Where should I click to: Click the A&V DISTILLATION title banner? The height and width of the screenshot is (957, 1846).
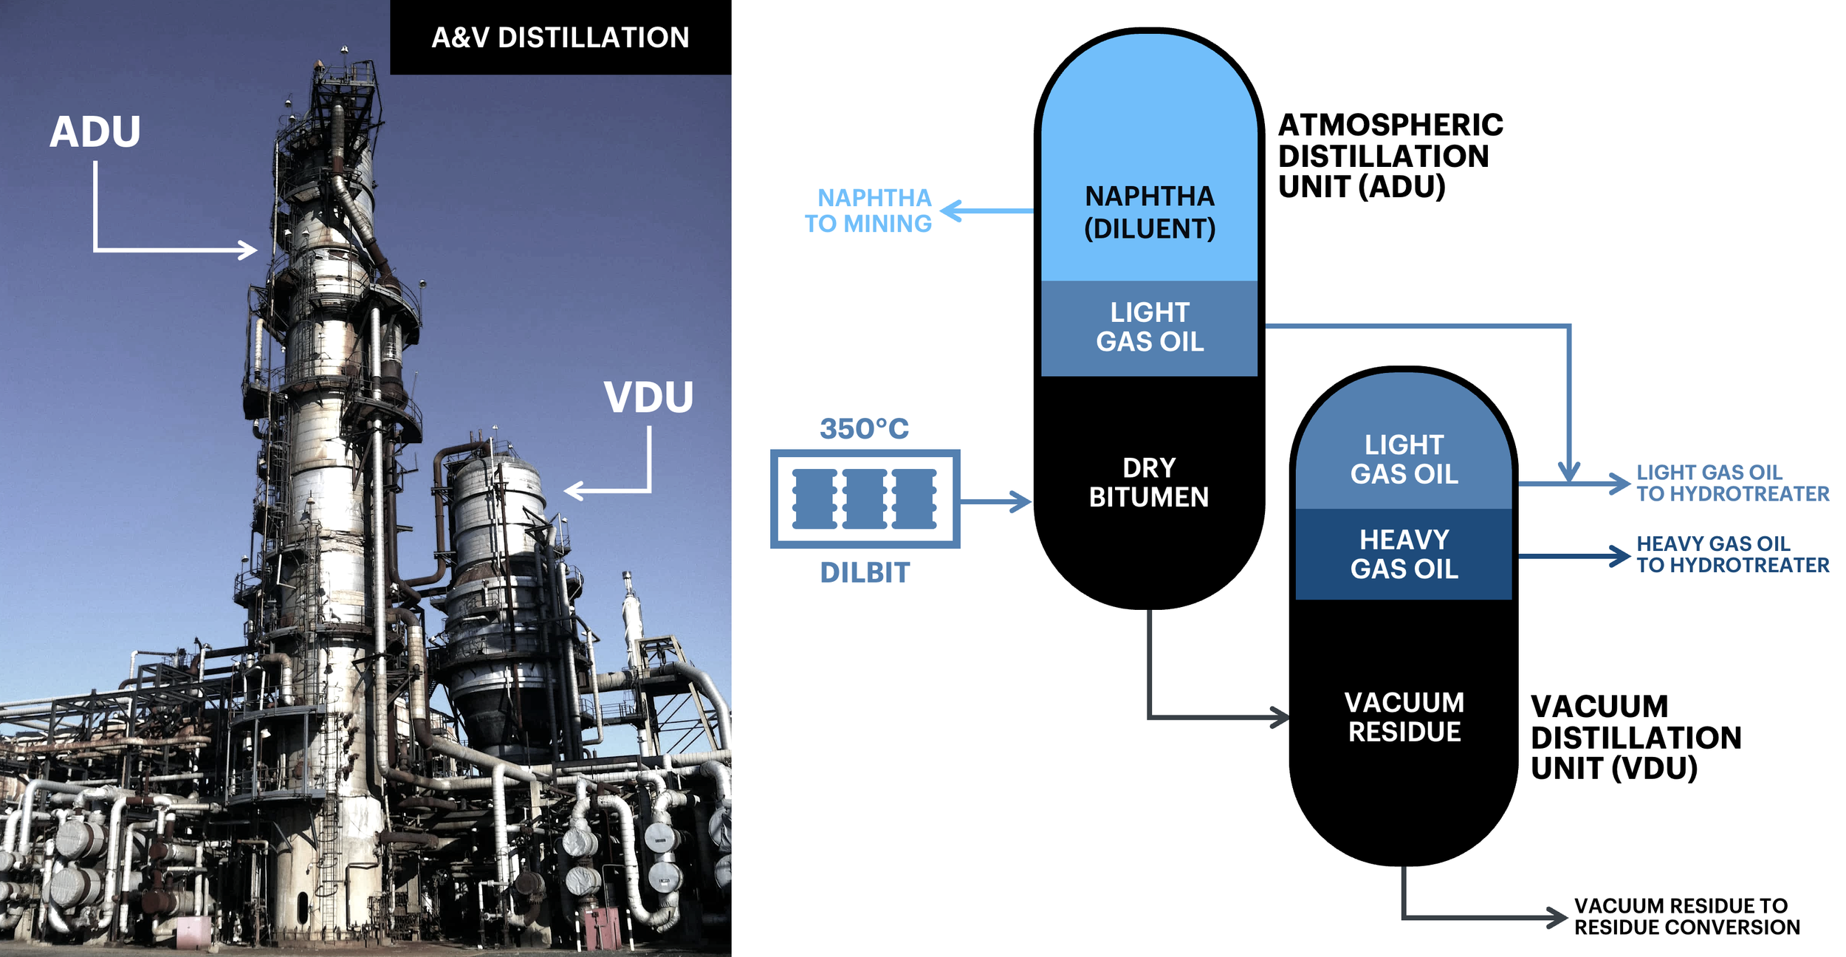[x=560, y=37]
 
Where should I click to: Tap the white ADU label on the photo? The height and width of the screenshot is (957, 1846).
[x=95, y=132]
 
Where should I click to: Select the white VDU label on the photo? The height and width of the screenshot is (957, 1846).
[x=648, y=397]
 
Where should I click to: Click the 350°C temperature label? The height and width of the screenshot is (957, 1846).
[x=864, y=428]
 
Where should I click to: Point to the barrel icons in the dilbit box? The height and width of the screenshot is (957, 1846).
[x=864, y=499]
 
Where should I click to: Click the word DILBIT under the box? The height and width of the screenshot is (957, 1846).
[x=865, y=572]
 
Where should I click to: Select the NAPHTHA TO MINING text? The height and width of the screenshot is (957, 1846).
[x=869, y=210]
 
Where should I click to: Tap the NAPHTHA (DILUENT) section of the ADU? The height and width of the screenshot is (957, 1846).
[x=1149, y=212]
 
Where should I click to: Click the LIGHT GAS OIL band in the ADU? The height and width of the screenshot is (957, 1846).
[x=1149, y=327]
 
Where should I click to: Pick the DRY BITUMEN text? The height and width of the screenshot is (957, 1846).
[x=1149, y=482]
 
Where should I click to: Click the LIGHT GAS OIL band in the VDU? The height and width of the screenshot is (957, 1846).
[x=1404, y=459]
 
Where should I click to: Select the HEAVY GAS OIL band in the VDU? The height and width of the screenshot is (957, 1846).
[x=1404, y=554]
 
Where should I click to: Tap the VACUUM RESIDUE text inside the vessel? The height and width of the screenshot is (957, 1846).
[x=1404, y=717]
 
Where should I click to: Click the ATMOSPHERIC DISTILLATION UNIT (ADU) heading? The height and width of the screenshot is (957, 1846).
[x=1390, y=156]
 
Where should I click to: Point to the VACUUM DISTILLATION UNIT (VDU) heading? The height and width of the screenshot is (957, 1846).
[x=1636, y=737]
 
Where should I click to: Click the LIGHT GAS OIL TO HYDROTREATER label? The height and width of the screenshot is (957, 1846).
[x=1732, y=483]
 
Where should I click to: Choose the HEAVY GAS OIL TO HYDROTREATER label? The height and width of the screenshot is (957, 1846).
[x=1732, y=554]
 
